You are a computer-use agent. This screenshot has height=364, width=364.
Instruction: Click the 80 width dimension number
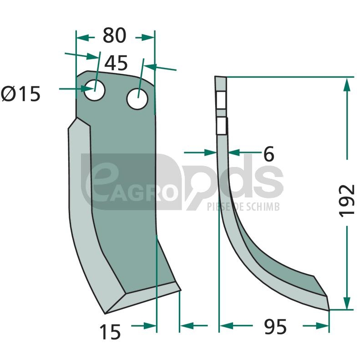pos(115,35)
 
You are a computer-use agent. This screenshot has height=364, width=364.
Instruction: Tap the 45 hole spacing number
pos(116,63)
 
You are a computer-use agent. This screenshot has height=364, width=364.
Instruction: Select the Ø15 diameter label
pos(21,94)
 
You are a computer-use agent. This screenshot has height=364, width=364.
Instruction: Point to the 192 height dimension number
pos(347,201)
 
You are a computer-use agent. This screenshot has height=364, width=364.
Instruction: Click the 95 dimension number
pos(275,326)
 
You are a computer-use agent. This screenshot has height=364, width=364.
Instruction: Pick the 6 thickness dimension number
pos(269,154)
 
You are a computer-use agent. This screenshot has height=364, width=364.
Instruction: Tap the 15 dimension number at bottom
pos(110,332)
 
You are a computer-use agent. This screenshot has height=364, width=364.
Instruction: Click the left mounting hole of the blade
pos(95,90)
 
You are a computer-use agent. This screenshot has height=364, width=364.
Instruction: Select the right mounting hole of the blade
pos(137,99)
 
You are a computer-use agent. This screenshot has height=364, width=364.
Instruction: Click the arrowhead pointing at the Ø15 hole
pos(88,88)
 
